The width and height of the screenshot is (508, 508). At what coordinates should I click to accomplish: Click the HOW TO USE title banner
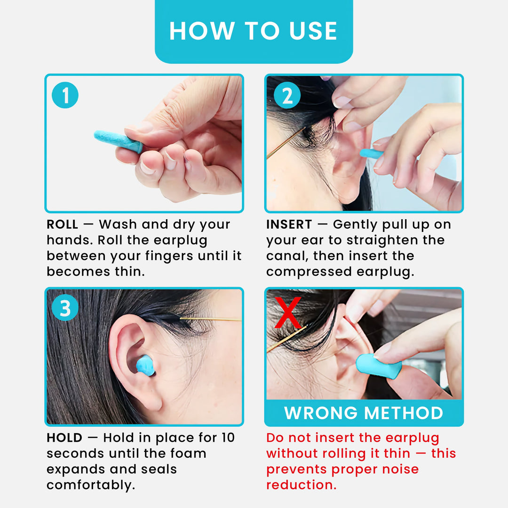click(x=254, y=31)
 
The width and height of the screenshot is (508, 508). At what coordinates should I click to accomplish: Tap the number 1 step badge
click(x=65, y=95)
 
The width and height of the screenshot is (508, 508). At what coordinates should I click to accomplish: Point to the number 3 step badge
click(x=65, y=309)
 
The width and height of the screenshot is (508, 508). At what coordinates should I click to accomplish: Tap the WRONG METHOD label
click(x=364, y=413)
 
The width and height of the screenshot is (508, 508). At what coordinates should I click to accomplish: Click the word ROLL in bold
click(x=63, y=225)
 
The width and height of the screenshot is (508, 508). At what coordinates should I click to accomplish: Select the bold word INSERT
click(x=289, y=225)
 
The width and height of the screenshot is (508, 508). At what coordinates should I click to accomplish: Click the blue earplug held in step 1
click(x=118, y=141)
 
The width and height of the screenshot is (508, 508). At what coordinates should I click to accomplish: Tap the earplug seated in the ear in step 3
click(x=145, y=365)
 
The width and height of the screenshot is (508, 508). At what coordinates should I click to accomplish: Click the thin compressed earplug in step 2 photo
click(x=371, y=153)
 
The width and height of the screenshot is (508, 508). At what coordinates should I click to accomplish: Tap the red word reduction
click(x=302, y=485)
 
